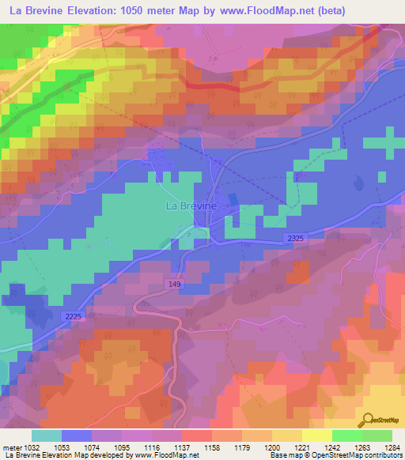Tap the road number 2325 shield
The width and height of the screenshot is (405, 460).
[296, 238]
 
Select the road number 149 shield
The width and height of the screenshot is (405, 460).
[176, 284]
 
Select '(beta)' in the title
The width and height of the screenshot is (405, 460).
[327, 12]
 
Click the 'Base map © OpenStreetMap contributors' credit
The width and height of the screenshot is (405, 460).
[335, 454]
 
